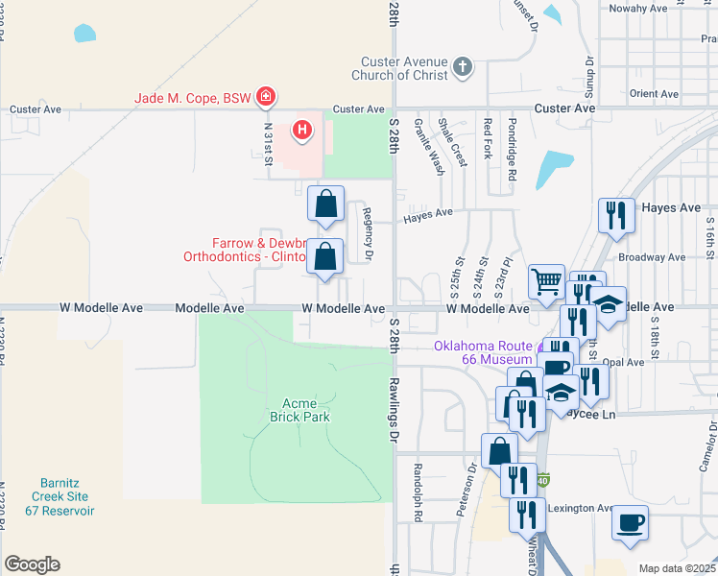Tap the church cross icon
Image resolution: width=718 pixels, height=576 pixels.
coord(464,67)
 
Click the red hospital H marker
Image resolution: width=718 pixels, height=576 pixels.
coord(302,129)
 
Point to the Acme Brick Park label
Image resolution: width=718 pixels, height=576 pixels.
coord(306,410)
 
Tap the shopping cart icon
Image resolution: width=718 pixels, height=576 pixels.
coord(546,281)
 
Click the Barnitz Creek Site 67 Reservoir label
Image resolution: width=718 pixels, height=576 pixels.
coord(66,496)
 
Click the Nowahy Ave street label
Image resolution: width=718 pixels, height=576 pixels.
coord(636,8)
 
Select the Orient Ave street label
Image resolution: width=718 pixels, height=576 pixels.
coord(656,94)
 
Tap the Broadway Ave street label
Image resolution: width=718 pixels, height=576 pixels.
coord(652,257)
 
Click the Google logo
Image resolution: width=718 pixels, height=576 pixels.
coord(32,564)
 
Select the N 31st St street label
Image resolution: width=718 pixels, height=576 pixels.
coord(268,148)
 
